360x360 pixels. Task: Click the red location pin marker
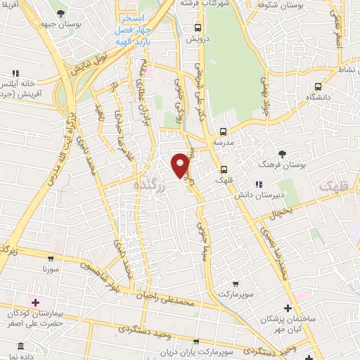[181, 164]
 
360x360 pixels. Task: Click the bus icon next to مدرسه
[224, 131]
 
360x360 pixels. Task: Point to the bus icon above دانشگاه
[319, 86]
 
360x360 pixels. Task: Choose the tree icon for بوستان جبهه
[61, 13]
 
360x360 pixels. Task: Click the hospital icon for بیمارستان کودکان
[36, 302]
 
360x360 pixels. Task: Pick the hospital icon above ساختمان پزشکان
[288, 308]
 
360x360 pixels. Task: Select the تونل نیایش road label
[91, 60]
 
